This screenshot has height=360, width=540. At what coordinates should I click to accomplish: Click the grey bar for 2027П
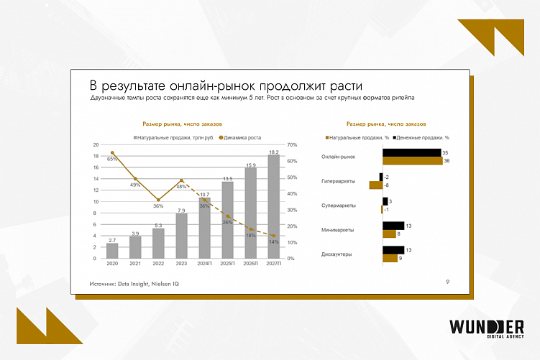click(x=273, y=207)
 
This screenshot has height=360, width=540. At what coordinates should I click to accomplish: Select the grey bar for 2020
click(x=112, y=251)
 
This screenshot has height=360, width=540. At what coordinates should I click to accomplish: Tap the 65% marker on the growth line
click(x=112, y=153)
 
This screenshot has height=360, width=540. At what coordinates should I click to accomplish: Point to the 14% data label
click(x=273, y=242)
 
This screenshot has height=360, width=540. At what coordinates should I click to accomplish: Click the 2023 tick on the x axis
click(x=181, y=264)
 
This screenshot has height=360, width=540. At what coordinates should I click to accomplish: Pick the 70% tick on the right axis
click(x=292, y=145)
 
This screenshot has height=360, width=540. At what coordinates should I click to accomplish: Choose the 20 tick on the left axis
click(x=96, y=145)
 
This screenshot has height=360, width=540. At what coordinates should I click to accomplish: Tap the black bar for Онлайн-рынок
click(x=411, y=153)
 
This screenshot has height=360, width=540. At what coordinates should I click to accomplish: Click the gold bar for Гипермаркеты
click(x=375, y=185)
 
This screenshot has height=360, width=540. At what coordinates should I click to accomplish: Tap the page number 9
click(x=447, y=282)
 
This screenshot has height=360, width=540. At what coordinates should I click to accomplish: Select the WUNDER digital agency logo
click(x=485, y=328)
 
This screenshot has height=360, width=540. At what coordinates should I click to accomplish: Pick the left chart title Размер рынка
click(x=183, y=124)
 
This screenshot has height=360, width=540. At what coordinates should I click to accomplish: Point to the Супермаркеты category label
click(x=338, y=206)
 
